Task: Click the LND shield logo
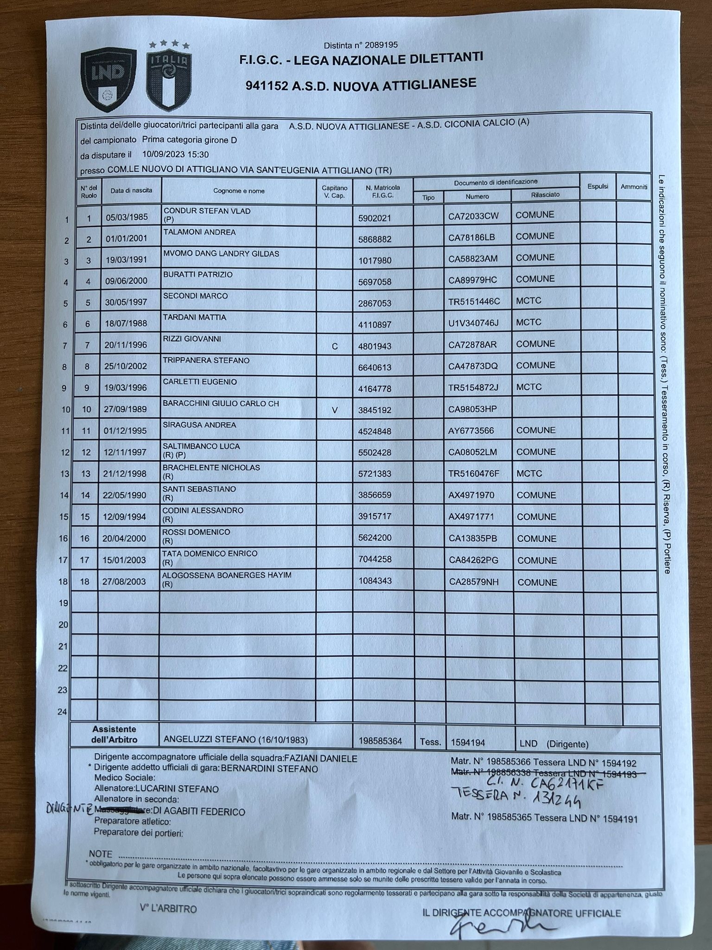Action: tap(108, 79)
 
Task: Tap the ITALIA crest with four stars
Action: tap(169, 77)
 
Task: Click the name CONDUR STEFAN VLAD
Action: tap(207, 211)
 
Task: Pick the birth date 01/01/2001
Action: tap(127, 239)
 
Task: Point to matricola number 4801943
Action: tap(375, 346)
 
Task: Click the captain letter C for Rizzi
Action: tap(335, 346)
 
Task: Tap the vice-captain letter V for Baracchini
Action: tap(335, 410)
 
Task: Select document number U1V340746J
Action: tap(473, 322)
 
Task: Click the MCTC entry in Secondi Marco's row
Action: tap(528, 301)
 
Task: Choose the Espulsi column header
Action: tap(598, 186)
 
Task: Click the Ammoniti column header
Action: tap(634, 186)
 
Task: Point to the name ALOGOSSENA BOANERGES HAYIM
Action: tap(227, 575)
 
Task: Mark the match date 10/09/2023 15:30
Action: tap(176, 154)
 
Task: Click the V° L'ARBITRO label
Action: tap(168, 908)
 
